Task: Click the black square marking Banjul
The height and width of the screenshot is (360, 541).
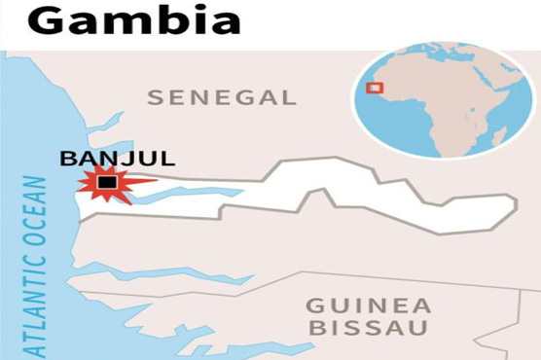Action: pos(108,182)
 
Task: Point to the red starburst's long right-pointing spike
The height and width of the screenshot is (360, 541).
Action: pos(144,180)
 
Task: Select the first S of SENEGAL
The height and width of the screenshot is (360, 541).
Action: pos(153,97)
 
